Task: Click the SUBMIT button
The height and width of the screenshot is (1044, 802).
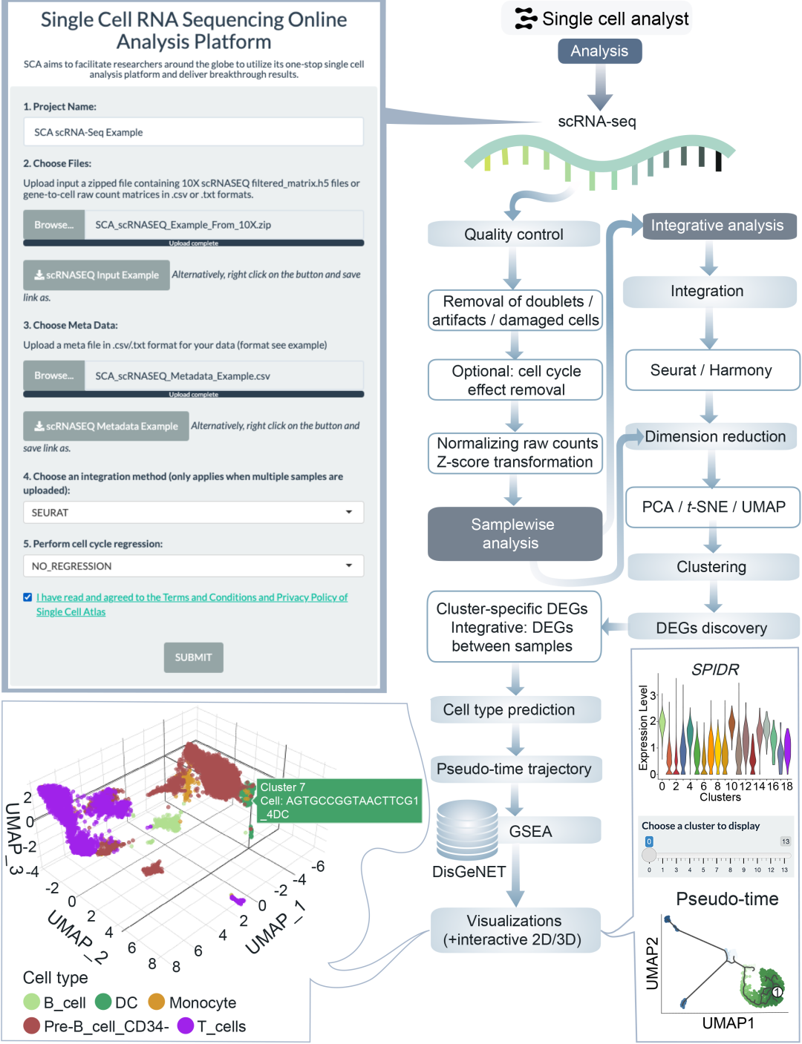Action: pos(193,657)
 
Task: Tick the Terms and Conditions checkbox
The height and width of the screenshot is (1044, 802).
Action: pos(27,597)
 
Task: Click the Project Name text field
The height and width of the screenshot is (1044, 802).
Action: pos(193,132)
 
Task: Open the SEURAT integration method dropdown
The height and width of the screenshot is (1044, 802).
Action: pos(193,513)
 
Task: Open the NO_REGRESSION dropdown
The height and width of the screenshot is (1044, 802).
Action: pos(193,566)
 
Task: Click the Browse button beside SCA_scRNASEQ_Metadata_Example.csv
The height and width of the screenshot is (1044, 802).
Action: pos(53,376)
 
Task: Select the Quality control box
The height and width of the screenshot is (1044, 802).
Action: pos(514,234)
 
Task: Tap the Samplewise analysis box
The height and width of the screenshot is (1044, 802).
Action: pos(514,534)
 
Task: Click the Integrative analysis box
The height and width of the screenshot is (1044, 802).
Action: pos(717,226)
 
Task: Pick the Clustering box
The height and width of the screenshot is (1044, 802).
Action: pos(712,567)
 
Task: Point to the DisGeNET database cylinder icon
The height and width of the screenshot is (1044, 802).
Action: pos(466,828)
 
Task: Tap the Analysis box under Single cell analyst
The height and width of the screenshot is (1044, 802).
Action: pos(599,51)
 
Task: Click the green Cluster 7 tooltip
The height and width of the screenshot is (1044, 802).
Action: pos(338,801)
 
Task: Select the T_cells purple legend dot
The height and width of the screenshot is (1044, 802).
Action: pos(186,1026)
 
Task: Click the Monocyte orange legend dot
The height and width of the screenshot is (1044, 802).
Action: pos(157,1002)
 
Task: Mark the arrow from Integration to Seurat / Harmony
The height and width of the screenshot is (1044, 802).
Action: pos(709,329)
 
